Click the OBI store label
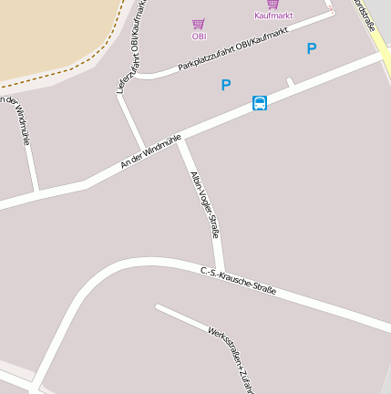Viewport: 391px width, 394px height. point(199,36)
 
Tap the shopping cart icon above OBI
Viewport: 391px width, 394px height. point(199,24)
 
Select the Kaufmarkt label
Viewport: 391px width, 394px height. point(273,16)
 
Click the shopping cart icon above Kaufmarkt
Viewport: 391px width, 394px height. point(273,4)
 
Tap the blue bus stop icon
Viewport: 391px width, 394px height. point(260,103)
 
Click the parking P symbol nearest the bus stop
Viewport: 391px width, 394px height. point(226,85)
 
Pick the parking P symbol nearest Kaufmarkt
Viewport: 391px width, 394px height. point(312,48)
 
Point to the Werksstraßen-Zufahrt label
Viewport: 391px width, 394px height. point(230,359)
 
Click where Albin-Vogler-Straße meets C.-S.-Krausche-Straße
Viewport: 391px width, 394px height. point(220,270)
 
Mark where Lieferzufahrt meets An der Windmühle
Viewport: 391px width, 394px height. point(142,149)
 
